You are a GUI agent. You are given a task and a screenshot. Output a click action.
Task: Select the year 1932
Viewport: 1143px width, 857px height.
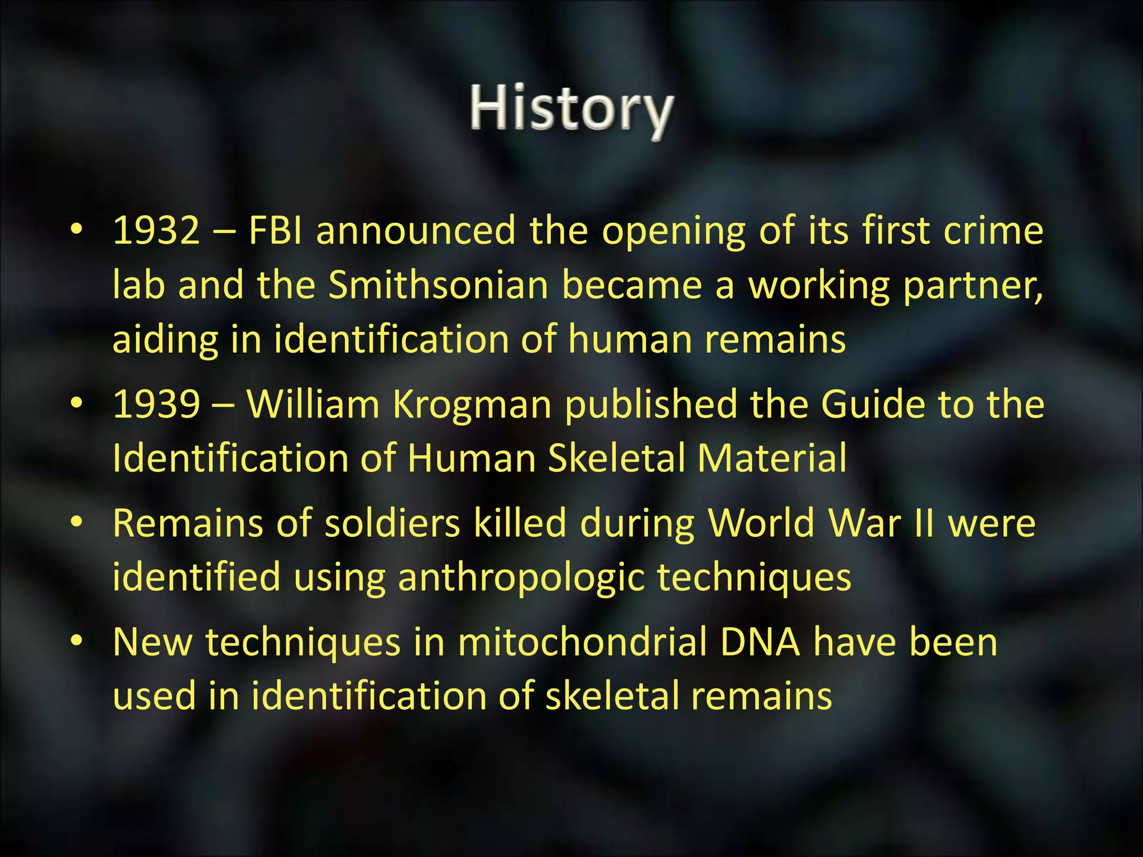[156, 230]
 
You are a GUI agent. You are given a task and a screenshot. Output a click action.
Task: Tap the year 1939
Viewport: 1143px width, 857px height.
[156, 405]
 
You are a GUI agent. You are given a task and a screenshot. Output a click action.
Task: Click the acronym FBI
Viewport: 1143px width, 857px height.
[275, 230]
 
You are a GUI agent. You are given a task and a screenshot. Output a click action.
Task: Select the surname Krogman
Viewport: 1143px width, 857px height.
[472, 405]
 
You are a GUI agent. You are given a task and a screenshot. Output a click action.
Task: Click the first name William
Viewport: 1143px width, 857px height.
[313, 405]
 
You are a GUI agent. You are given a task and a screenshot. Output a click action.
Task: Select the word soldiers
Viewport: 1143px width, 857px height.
[392, 523]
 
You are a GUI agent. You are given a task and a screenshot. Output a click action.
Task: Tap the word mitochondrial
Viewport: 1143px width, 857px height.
[582, 642]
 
